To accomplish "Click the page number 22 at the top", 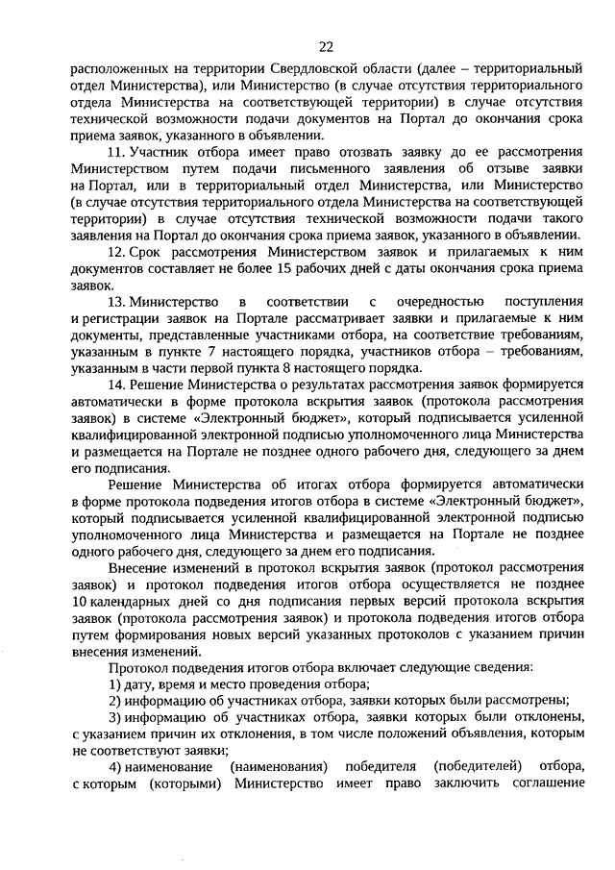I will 326,46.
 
